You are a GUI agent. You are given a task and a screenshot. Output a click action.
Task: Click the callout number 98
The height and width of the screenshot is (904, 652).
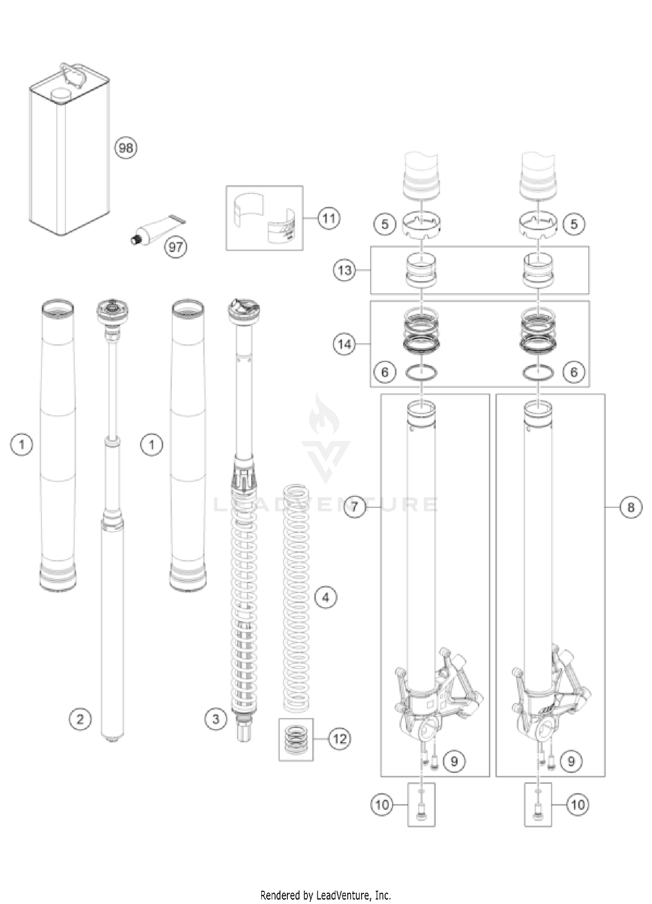(x=126, y=148)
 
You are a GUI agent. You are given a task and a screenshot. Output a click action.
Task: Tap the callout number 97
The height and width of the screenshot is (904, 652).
(x=176, y=247)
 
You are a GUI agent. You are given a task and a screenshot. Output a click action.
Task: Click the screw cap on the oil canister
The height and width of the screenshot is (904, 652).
(x=61, y=94)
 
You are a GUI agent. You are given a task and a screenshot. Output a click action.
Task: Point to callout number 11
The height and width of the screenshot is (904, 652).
(x=329, y=218)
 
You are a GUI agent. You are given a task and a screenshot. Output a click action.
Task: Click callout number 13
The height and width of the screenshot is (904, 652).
(x=344, y=270)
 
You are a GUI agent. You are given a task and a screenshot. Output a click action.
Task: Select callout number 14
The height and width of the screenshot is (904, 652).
(x=344, y=344)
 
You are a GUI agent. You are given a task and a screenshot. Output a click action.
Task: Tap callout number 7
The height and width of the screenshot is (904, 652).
(x=355, y=507)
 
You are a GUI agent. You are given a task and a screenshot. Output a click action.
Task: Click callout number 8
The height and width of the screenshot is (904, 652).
(x=631, y=507)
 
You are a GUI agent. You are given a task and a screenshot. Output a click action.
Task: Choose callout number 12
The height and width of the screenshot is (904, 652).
(x=339, y=738)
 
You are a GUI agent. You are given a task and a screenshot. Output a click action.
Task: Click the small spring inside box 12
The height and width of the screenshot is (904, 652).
(x=296, y=738)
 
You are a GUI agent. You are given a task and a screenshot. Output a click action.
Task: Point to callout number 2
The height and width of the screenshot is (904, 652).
(x=80, y=719)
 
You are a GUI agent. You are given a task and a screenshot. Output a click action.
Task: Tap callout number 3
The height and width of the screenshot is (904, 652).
(x=216, y=719)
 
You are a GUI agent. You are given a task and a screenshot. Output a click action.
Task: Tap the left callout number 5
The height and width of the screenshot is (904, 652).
(x=385, y=224)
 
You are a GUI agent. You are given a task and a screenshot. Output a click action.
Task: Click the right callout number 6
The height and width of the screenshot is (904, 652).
(x=574, y=372)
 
